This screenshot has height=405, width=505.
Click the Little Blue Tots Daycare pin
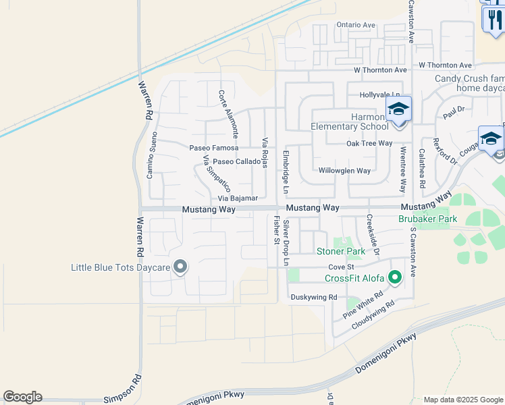(x=180, y=267)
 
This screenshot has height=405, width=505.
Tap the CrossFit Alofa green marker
(x=395, y=277)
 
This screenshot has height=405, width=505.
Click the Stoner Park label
(x=341, y=252)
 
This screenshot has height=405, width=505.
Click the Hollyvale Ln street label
(x=380, y=95)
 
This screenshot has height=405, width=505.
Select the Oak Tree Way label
(x=369, y=143)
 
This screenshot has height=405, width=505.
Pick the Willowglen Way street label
(x=344, y=171)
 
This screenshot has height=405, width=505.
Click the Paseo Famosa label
(x=214, y=148)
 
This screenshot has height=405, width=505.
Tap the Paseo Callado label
(x=236, y=162)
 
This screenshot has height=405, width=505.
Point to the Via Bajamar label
(x=238, y=198)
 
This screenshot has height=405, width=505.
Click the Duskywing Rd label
(x=313, y=297)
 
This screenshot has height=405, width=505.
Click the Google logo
(x=22, y=397)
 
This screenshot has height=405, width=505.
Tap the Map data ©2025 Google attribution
(x=462, y=400)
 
